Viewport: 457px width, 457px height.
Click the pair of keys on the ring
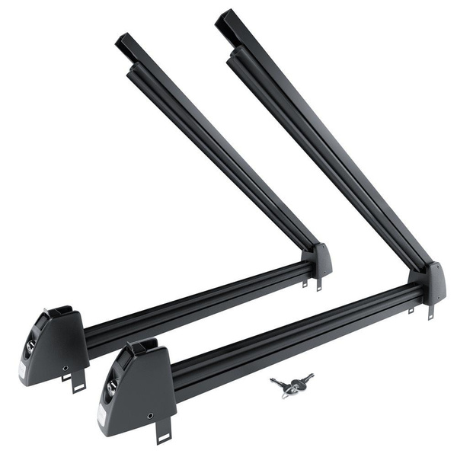pyautogui.click(x=291, y=385)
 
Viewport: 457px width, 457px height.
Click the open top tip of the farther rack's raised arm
pyautogui.click(x=125, y=43)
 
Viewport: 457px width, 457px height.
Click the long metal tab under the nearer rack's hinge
pyautogui.click(x=430, y=311)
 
